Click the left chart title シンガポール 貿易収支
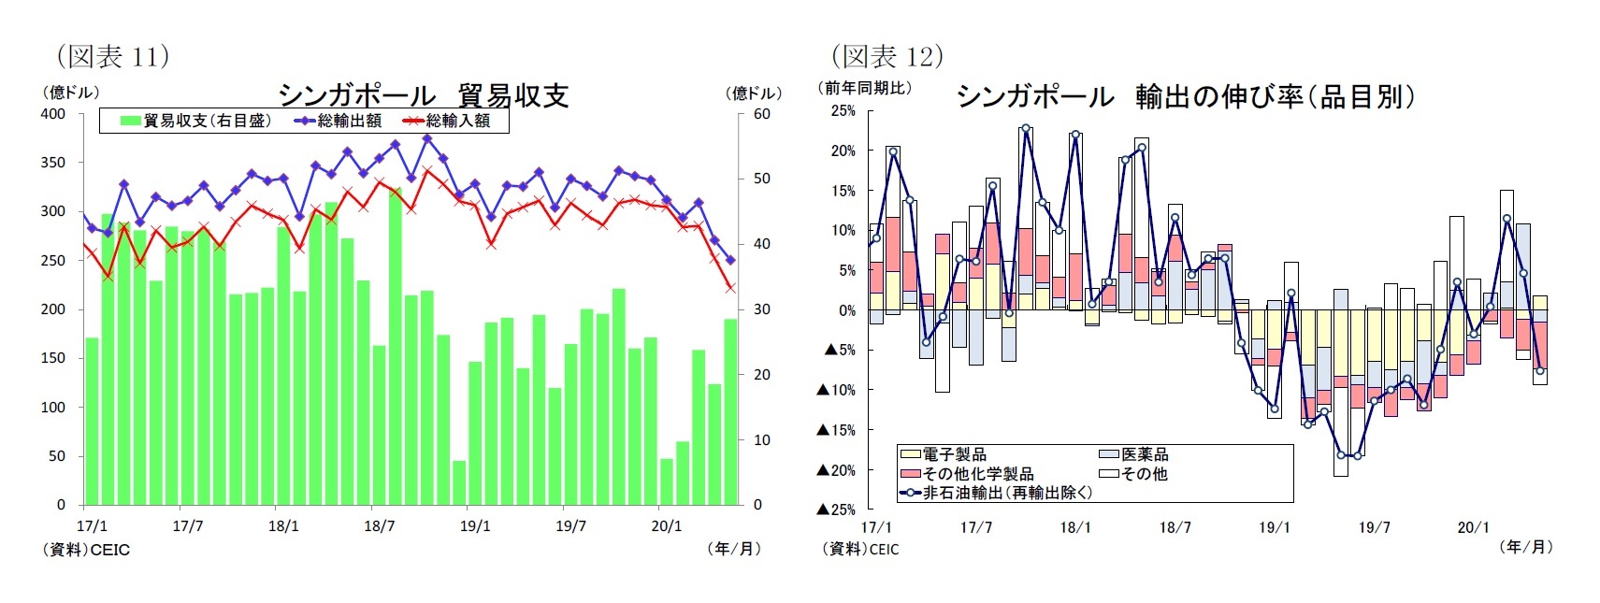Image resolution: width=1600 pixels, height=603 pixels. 423,95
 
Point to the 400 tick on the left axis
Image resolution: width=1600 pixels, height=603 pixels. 53,114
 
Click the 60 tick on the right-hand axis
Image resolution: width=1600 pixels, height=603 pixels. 761,114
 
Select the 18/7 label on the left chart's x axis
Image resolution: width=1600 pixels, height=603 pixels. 379,526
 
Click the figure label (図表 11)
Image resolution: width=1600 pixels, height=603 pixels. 113,56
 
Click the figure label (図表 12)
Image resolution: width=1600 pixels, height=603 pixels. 887,56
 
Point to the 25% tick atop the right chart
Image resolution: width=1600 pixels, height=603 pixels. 843,111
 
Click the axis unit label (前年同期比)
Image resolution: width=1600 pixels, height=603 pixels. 866,88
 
